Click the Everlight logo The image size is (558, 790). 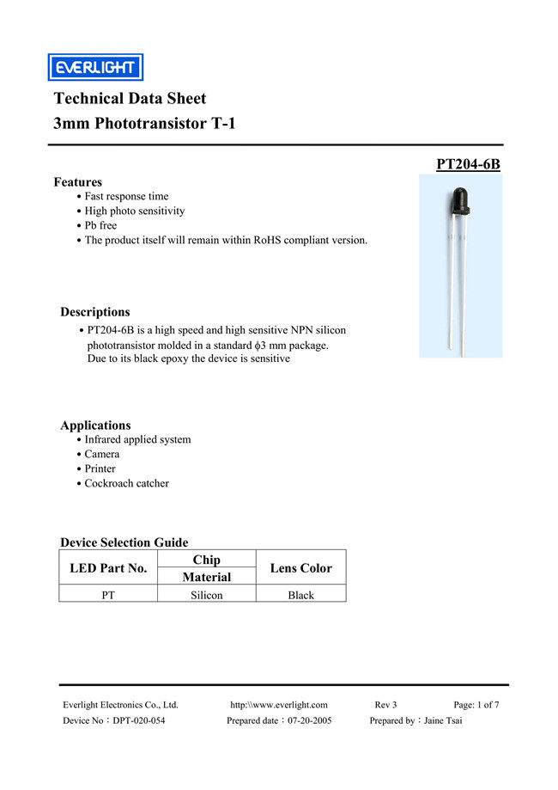click(94, 67)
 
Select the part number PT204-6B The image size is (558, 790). click(468, 164)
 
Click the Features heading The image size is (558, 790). click(77, 182)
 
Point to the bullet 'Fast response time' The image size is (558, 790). click(126, 197)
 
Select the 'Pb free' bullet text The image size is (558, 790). click(100, 225)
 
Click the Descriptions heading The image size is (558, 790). click(95, 312)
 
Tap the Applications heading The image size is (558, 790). click(95, 426)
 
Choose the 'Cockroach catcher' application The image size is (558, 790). click(126, 483)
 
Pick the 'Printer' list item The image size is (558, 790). click(100, 468)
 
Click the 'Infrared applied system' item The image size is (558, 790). click(137, 439)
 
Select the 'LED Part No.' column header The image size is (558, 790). click(108, 568)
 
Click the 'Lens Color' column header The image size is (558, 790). click(300, 568)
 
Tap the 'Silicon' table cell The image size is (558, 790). click(206, 595)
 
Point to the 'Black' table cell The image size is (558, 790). click(300, 595)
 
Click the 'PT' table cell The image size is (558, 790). click(108, 595)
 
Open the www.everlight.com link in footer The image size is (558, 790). click(278, 705)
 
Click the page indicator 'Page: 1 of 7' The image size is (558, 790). click(476, 705)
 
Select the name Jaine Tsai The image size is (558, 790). click(443, 720)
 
